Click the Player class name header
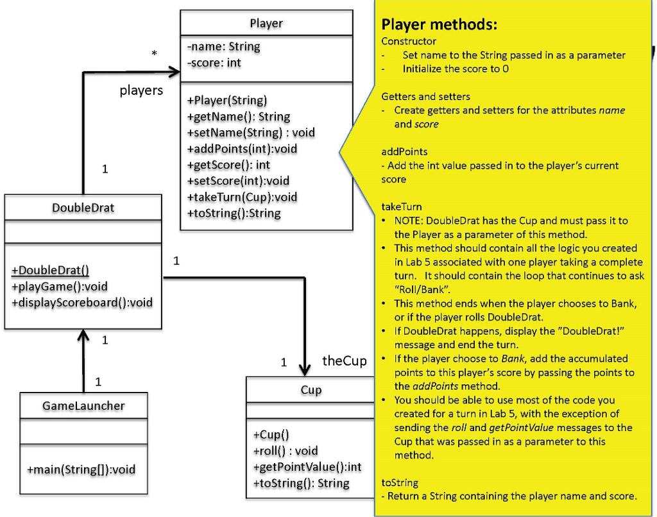point(266,23)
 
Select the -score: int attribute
point(214,63)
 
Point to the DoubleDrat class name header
point(83,208)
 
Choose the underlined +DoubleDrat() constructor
point(51,270)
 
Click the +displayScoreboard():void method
point(82,302)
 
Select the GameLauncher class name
point(83,405)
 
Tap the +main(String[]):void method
point(81,470)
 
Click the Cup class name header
point(311,390)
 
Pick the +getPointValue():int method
point(307,466)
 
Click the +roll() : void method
point(286,450)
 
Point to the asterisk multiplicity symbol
point(154,55)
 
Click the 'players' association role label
point(141,90)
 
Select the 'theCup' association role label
point(344,360)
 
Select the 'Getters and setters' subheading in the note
point(425,97)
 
